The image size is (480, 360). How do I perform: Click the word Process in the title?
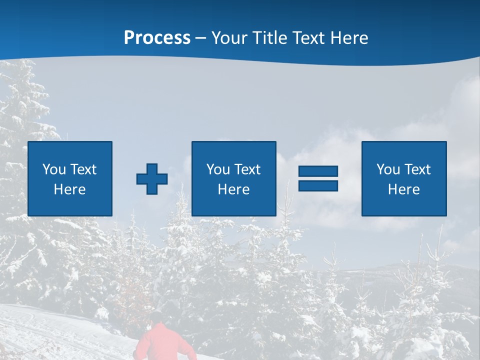click(157, 38)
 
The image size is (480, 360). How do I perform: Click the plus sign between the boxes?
click(152, 178)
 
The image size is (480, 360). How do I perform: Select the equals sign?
click(318, 178)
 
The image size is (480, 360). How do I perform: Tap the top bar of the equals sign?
click(318, 171)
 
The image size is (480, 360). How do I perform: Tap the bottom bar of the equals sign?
click(318, 185)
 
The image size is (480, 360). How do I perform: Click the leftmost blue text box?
click(70, 178)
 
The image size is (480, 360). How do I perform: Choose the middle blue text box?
click(233, 178)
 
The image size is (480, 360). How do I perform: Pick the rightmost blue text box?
click(404, 178)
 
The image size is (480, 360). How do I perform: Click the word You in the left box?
click(54, 169)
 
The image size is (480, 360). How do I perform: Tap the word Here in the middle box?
click(233, 189)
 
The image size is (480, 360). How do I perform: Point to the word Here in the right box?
click(404, 189)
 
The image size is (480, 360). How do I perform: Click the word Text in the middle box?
click(247, 169)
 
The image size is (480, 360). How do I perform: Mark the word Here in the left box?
click(70, 189)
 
